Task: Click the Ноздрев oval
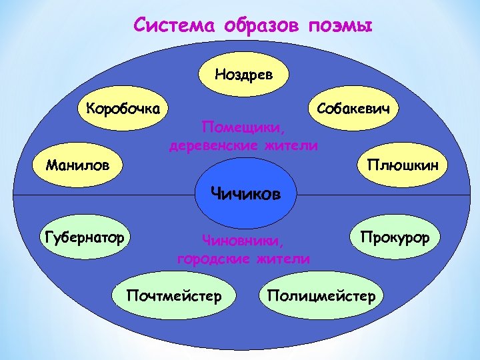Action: [x=243, y=73]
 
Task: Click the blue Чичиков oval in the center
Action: [x=245, y=195]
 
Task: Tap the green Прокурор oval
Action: [x=395, y=237]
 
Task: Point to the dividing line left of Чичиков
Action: [x=100, y=195]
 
